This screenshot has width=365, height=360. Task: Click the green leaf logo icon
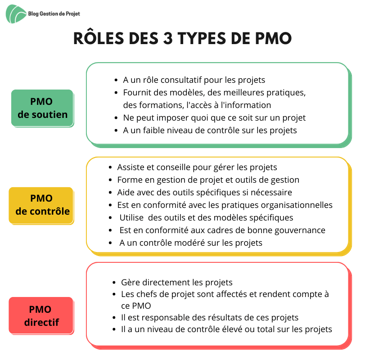[x=16, y=14]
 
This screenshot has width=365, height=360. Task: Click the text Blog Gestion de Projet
[x=54, y=14]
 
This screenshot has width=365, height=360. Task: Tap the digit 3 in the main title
[x=167, y=38]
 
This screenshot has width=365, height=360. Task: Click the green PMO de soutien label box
[x=42, y=108]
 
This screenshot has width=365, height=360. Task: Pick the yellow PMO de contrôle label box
[x=41, y=206]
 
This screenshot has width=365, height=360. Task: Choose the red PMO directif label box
[x=41, y=315]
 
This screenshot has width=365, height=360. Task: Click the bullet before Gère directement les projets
[x=114, y=283]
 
